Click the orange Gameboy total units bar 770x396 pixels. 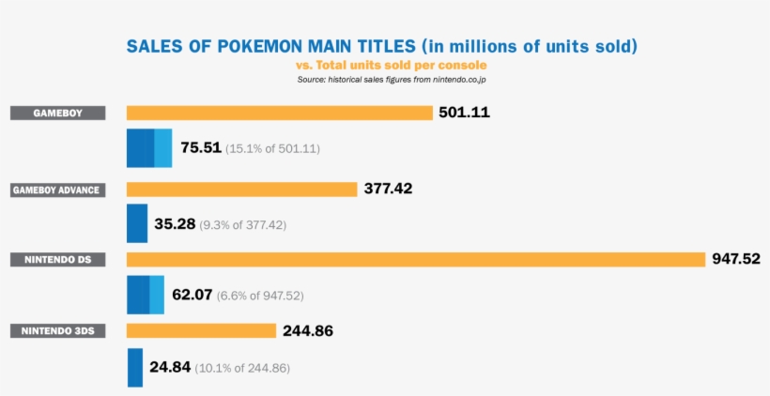(x=279, y=113)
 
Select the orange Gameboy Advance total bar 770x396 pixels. (x=241, y=189)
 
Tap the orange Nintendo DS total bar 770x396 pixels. (x=415, y=259)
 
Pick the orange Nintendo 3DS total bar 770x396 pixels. (x=201, y=330)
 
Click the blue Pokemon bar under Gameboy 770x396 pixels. (x=149, y=147)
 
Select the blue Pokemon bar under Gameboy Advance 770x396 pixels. (x=137, y=223)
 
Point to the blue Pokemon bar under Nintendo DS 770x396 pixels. (x=146, y=294)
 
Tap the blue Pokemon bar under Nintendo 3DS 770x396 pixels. (x=135, y=367)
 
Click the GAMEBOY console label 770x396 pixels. (x=57, y=113)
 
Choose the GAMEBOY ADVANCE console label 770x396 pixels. (x=57, y=190)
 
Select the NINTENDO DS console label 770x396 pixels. (x=57, y=259)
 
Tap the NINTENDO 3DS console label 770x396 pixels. (x=57, y=330)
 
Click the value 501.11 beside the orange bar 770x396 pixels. (x=464, y=113)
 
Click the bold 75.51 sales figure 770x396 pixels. (x=200, y=148)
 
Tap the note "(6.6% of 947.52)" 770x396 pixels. (x=260, y=296)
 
